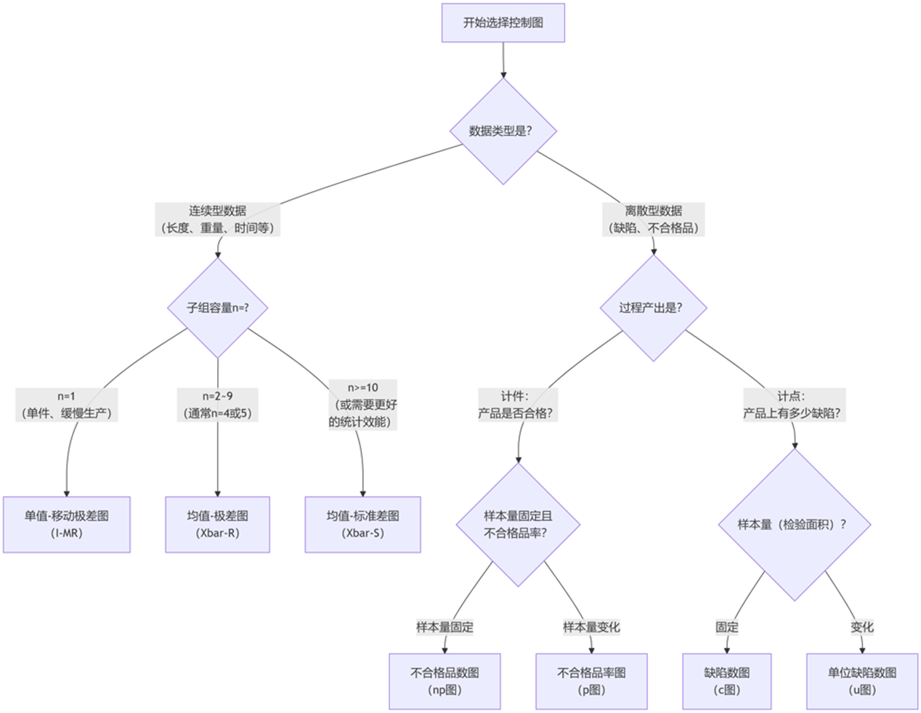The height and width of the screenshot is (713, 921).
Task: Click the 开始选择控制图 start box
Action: pos(503,23)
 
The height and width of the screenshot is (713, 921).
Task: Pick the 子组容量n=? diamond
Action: pos(218,308)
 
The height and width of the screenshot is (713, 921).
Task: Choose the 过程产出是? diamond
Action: pos(653,308)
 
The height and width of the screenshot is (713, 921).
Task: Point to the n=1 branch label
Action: pos(67,405)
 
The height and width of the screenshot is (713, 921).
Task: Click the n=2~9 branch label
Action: pos(218,405)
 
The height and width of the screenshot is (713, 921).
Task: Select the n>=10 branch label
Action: pos(362,404)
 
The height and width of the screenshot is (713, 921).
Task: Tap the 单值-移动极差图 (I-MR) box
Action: pos(67,524)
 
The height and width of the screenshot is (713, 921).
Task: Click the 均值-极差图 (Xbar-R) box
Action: pos(218,524)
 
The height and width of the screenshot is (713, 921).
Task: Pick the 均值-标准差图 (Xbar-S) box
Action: pos(362,524)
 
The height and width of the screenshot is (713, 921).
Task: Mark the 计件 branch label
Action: pos(517,405)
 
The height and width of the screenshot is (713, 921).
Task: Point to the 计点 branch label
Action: pos(794,405)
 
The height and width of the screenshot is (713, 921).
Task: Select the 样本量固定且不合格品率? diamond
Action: pos(518,524)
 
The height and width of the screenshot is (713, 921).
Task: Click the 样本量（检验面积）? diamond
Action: pos(794,524)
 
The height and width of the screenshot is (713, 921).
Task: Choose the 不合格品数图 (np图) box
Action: pos(445,681)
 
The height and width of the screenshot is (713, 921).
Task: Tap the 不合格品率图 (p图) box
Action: pos(591,681)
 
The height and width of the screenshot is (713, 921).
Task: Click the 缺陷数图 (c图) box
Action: pos(726,681)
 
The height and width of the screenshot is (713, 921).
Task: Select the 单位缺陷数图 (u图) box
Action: pos(862,681)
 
